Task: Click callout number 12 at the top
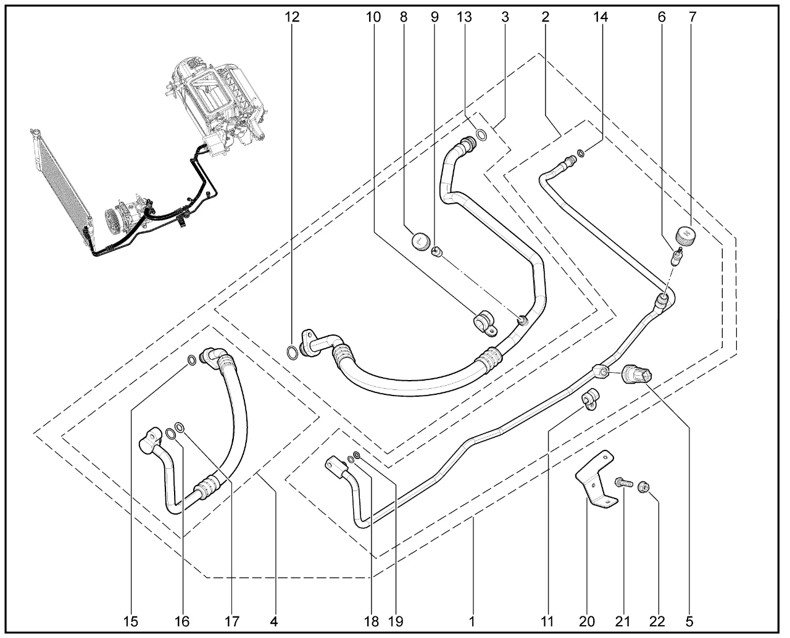292,17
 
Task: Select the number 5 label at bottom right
689,621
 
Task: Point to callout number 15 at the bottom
132,621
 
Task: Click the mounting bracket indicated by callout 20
596,480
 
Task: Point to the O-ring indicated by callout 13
481,134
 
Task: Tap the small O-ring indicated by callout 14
580,153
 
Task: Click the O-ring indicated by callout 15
192,360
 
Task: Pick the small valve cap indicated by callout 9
437,252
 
